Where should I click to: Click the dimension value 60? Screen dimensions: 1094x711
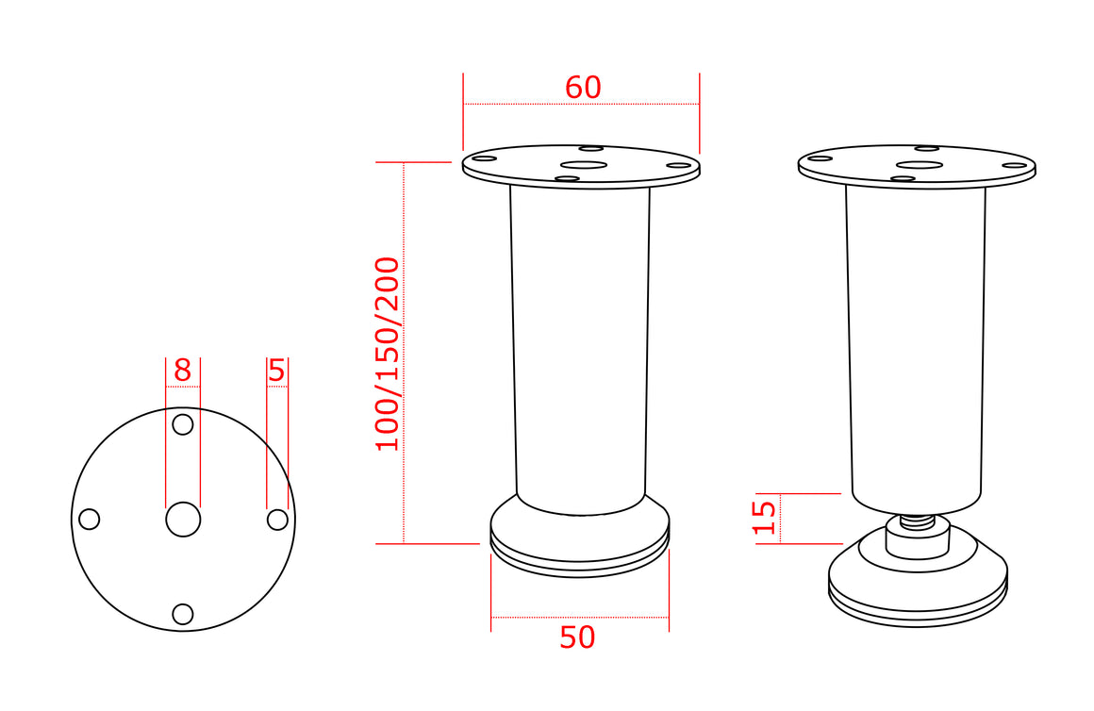coord(583,87)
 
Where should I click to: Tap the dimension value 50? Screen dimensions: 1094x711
coord(578,637)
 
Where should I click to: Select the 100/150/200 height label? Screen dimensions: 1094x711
coord(388,355)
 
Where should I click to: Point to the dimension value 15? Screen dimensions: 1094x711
coord(765,517)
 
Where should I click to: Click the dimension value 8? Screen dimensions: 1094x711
coord(182,370)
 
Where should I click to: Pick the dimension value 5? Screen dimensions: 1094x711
coord(277,370)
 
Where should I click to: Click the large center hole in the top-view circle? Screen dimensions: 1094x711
coord(183,520)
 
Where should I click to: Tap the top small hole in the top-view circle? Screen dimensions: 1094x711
coord(183,424)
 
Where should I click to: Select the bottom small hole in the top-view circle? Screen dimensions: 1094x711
coord(183,614)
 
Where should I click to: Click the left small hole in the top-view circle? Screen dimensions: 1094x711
coord(90,520)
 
